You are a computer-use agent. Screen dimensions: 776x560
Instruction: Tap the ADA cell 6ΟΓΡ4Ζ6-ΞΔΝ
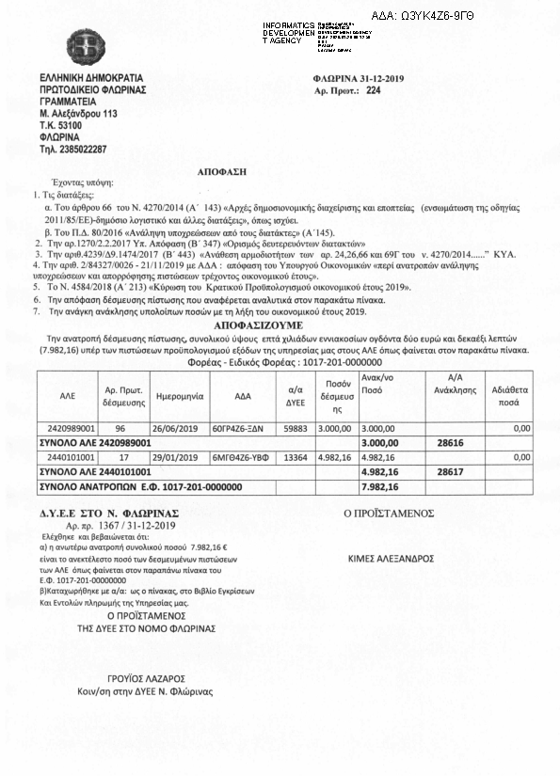point(248,427)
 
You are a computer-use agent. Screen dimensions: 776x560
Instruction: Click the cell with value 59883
point(296,427)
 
